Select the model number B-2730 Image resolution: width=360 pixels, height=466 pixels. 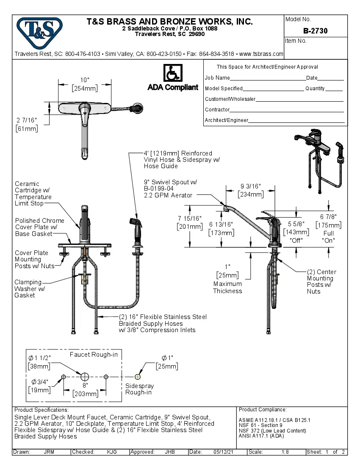point(315,31)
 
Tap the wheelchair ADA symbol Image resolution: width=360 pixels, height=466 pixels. point(172,73)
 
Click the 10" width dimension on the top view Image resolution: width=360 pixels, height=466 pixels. point(85,80)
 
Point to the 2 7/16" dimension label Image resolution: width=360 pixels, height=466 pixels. point(26,121)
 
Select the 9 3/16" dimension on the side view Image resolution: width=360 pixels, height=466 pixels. point(251,186)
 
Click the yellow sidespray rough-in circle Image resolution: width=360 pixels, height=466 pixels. point(138,377)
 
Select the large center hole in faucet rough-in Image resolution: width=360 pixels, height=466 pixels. point(85,377)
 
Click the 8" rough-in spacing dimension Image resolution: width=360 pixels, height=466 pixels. point(85,386)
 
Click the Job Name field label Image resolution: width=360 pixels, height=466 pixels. point(217,78)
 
